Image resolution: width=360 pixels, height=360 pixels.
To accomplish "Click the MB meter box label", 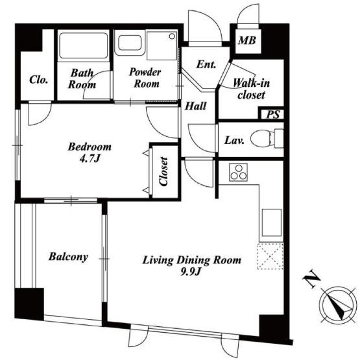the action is (x=247, y=40).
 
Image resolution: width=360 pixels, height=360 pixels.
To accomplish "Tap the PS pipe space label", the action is (x=273, y=114).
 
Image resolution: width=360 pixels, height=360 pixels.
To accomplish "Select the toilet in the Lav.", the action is (x=267, y=138).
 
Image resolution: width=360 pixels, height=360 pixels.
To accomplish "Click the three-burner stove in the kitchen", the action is (x=238, y=172).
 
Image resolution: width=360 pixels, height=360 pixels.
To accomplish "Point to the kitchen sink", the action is (x=272, y=222).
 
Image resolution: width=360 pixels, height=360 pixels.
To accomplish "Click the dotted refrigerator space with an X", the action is (x=270, y=256).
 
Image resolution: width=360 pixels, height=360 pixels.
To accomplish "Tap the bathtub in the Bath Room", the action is (x=84, y=45).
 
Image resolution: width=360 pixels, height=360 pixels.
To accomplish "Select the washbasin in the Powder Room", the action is (x=130, y=43).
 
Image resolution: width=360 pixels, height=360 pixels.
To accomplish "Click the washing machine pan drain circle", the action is (x=172, y=36).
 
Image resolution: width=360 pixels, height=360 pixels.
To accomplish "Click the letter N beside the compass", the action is (x=311, y=280).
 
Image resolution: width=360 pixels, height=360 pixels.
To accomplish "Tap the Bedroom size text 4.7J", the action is (x=90, y=158).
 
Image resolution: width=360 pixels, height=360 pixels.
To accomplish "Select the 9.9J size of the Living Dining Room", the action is (x=191, y=272).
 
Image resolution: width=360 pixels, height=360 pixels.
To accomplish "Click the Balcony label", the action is (x=68, y=257).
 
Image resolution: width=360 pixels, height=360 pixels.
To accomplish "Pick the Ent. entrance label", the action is (x=206, y=65).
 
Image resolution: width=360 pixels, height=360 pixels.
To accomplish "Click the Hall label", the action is (x=196, y=106).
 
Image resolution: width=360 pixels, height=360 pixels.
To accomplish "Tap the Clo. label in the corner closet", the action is (x=39, y=80).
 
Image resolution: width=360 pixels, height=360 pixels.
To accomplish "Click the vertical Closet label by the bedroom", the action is (x=163, y=171).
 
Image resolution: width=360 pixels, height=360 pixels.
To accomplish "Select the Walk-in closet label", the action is (x=252, y=89).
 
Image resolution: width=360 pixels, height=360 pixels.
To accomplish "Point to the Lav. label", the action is (x=234, y=141).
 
